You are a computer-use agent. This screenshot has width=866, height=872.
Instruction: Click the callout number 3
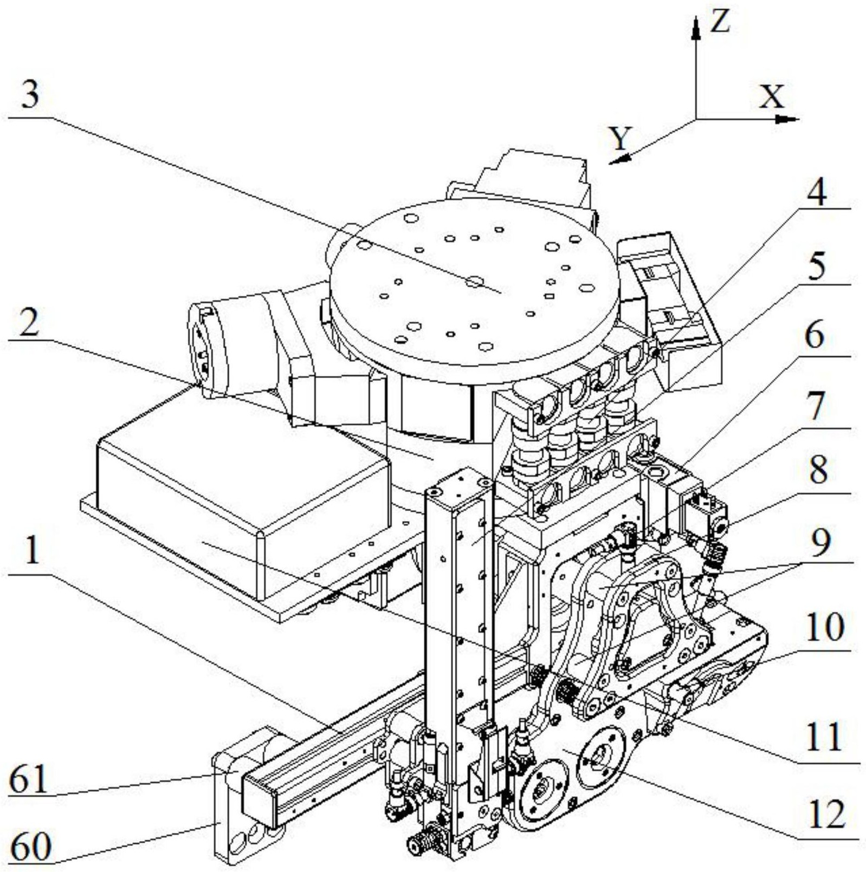tap(30, 96)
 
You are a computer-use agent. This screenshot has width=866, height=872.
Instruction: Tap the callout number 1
tap(32, 551)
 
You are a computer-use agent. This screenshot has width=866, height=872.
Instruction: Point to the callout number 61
tap(28, 778)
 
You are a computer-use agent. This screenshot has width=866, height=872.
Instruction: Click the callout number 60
tap(31, 847)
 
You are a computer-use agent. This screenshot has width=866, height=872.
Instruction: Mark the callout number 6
tap(815, 336)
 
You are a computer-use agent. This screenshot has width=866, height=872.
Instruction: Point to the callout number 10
tap(824, 627)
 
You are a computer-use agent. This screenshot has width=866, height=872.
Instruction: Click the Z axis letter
tap(720, 22)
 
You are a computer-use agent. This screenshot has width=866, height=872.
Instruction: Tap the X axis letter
tap(771, 97)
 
